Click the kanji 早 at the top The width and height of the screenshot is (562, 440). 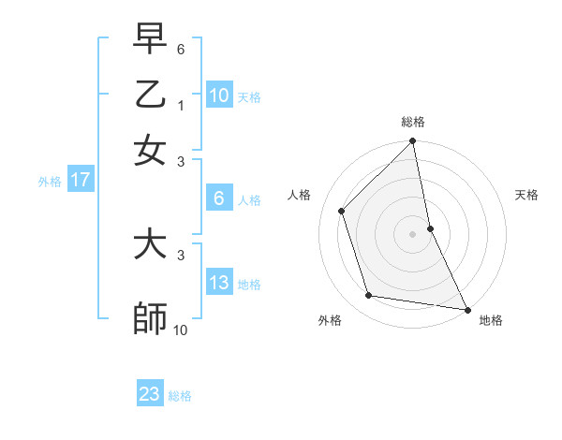[150, 39]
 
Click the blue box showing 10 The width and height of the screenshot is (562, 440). [219, 95]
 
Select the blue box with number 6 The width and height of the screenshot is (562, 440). [219, 198]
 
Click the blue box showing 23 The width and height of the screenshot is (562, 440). [150, 394]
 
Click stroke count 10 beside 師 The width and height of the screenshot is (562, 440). [181, 330]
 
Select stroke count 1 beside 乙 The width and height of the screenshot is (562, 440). [181, 106]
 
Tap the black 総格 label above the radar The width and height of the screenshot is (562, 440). [413, 122]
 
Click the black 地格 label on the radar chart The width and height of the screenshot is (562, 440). [491, 320]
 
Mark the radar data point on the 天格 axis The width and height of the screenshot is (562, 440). [430, 228]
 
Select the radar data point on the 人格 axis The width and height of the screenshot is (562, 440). [342, 211]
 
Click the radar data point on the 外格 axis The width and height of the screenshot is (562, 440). [369, 296]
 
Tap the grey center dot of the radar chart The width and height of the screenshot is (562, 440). [413, 234]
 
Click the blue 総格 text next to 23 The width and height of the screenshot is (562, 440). [180, 396]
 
